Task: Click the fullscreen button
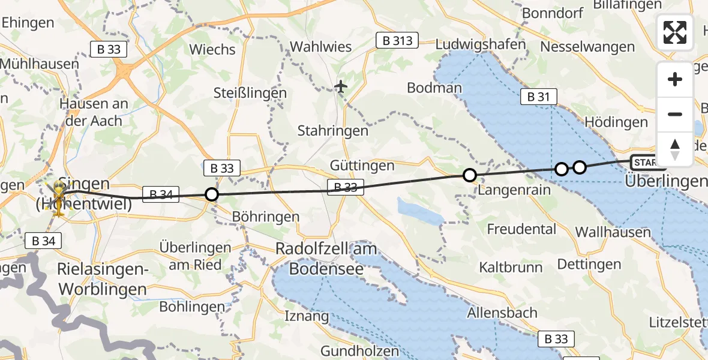(x=675, y=32)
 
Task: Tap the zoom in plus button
(x=675, y=79)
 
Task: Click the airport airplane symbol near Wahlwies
(x=341, y=87)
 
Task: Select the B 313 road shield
(x=397, y=40)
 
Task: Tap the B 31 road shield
(x=538, y=96)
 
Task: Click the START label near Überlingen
(x=646, y=162)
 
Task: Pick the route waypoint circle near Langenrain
(x=470, y=175)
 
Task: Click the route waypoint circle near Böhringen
(x=212, y=194)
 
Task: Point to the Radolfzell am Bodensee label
(x=326, y=259)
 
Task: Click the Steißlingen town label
(x=250, y=93)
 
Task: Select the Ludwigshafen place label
(x=481, y=44)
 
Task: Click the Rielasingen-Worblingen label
(x=103, y=280)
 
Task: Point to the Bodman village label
(x=434, y=88)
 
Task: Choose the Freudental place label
(x=521, y=229)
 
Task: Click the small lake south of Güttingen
(x=420, y=211)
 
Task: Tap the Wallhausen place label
(x=612, y=232)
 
